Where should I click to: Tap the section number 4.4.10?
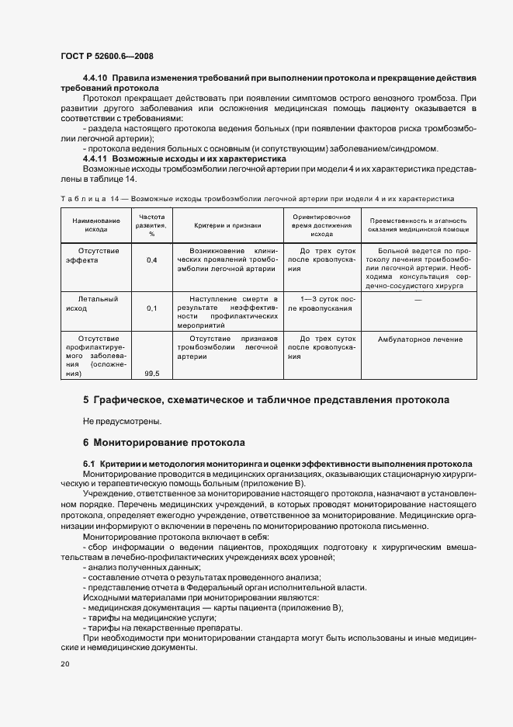(97, 79)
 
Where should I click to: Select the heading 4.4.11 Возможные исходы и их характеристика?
(184, 158)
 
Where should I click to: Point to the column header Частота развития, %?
(151, 225)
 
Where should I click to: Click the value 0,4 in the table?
(151, 260)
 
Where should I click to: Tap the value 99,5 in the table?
(151, 374)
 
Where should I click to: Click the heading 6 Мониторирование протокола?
(164, 443)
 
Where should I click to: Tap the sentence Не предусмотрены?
(122, 421)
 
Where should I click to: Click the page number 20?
(64, 664)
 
